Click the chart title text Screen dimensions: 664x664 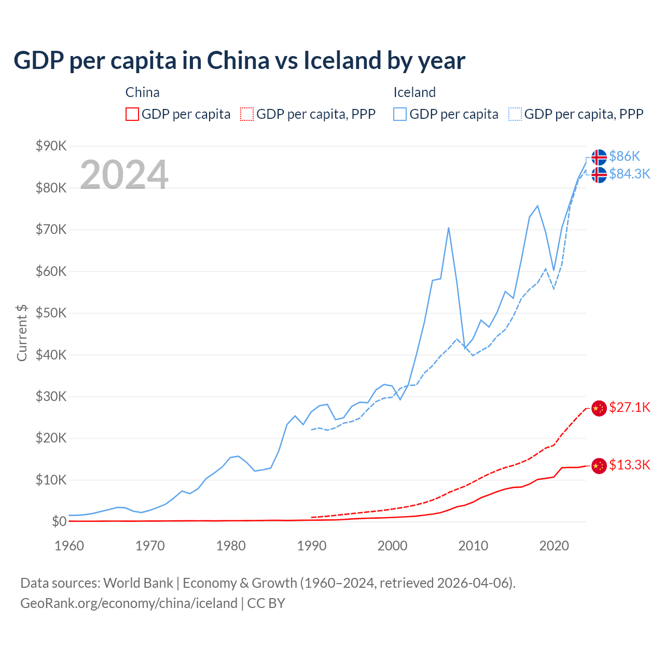pos(239,60)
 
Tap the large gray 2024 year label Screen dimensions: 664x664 pos(124,175)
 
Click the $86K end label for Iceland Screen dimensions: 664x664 pos(625,156)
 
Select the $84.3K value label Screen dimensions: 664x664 pos(629,174)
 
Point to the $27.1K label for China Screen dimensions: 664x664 pos(629,407)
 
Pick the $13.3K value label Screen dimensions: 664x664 pos(629,465)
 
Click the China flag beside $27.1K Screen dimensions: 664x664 pos(599,408)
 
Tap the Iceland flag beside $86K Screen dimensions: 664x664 pos(599,157)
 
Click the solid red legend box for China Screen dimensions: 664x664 pos(132,114)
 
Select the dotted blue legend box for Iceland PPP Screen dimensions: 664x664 pos(515,114)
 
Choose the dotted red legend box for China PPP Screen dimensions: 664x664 pos(247,114)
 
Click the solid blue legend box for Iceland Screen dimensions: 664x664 pos(400,114)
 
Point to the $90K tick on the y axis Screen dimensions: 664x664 pos(51,146)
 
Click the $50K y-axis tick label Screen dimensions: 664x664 pos(51,313)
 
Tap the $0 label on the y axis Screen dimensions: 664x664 pos(59,521)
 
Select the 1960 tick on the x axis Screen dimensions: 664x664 pos(69,546)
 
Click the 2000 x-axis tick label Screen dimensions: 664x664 pos(393,546)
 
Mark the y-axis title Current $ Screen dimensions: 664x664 pos(22,333)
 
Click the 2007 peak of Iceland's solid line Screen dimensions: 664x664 pos(448,228)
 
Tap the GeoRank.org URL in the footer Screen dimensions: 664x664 pos(129,603)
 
